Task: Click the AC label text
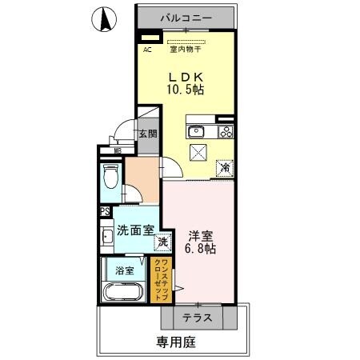147,50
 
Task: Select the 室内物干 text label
185,50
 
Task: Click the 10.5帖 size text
185,90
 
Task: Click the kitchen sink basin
198,132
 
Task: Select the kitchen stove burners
226,132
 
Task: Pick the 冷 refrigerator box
226,168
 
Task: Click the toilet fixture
111,174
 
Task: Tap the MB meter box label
117,149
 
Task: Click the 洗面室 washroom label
135,230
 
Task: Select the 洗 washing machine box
162,241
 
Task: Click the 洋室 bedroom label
201,236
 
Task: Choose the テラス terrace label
196,318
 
